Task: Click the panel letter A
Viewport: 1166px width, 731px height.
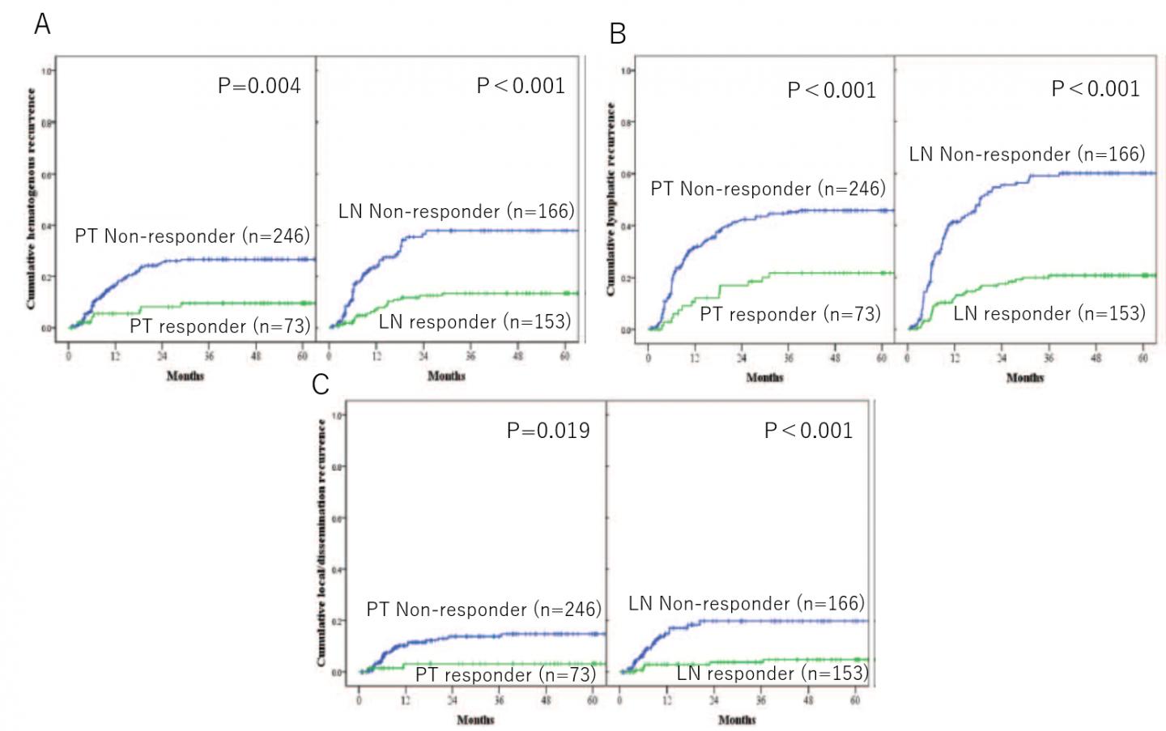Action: pos(42,24)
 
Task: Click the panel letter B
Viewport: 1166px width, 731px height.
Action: pos(617,34)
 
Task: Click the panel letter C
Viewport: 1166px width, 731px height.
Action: pos(321,384)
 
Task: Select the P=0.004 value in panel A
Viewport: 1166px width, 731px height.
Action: pos(259,86)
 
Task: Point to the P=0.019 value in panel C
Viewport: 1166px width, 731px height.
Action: pos(548,431)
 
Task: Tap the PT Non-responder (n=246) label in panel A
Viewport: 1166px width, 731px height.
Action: pos(192,236)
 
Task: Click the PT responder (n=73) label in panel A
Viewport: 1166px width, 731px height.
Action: pos(219,326)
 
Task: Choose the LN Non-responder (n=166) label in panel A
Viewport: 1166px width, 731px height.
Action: pos(456,212)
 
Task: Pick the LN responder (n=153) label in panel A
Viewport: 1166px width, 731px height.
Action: pos(474,321)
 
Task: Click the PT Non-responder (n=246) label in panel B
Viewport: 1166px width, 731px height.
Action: pos(768,189)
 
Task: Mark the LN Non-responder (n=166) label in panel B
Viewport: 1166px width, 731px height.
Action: pos(1027,155)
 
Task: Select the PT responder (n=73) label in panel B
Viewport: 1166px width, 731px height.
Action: pos(789,314)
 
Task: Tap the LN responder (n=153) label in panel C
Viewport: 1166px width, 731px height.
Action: pos(772,674)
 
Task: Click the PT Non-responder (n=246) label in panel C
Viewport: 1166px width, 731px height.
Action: pos(483,610)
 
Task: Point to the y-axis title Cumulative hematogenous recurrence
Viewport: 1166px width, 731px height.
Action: pos(32,198)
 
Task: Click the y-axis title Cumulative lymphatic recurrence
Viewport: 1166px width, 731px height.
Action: pos(611,198)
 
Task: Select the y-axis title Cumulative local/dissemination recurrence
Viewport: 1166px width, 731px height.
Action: pos(321,542)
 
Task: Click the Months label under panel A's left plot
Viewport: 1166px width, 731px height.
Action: pos(185,376)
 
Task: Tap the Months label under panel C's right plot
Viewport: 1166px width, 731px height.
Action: pos(737,719)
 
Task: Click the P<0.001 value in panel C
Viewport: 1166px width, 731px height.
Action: pos(808,431)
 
